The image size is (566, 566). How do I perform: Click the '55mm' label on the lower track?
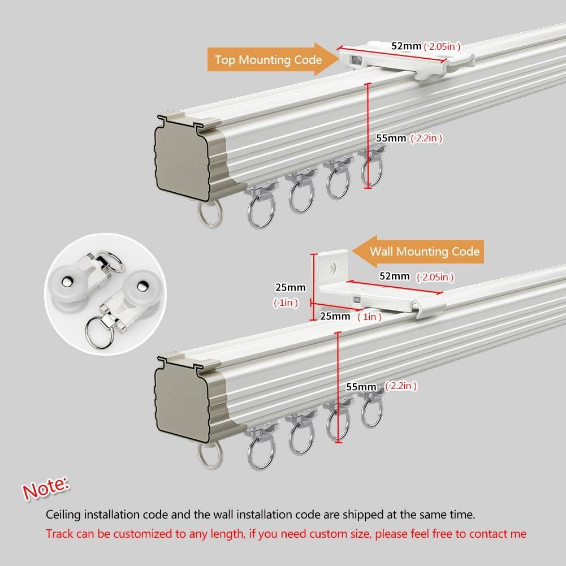point(361,387)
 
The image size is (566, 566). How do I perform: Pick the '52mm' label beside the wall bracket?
point(394,276)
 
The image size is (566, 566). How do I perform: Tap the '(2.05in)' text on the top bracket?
point(442,46)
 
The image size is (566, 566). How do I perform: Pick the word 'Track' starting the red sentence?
point(59,534)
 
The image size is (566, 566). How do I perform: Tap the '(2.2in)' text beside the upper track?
point(427,137)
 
